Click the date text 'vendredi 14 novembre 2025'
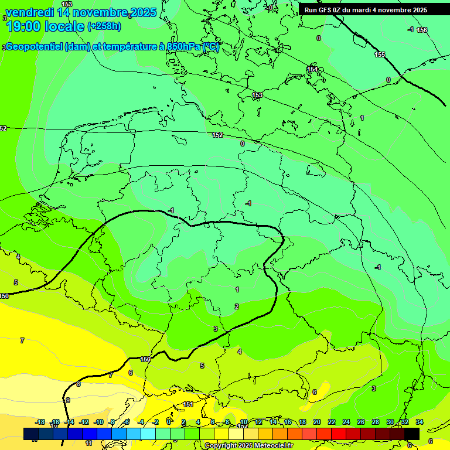point(81,12)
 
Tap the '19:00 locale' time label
point(45,26)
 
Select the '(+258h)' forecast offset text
point(104,26)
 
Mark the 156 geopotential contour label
point(422,30)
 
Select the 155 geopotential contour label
point(380,54)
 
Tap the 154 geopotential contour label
point(313,69)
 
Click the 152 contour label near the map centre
point(217,135)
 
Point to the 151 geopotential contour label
point(188,404)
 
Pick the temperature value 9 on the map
point(68,400)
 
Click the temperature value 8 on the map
point(79,384)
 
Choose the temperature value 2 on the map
point(237,306)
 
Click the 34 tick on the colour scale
point(419,422)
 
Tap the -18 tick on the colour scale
point(40,422)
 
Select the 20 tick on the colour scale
point(317,422)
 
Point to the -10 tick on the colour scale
point(98,422)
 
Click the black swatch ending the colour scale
point(411,434)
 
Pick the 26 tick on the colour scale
point(360,422)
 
